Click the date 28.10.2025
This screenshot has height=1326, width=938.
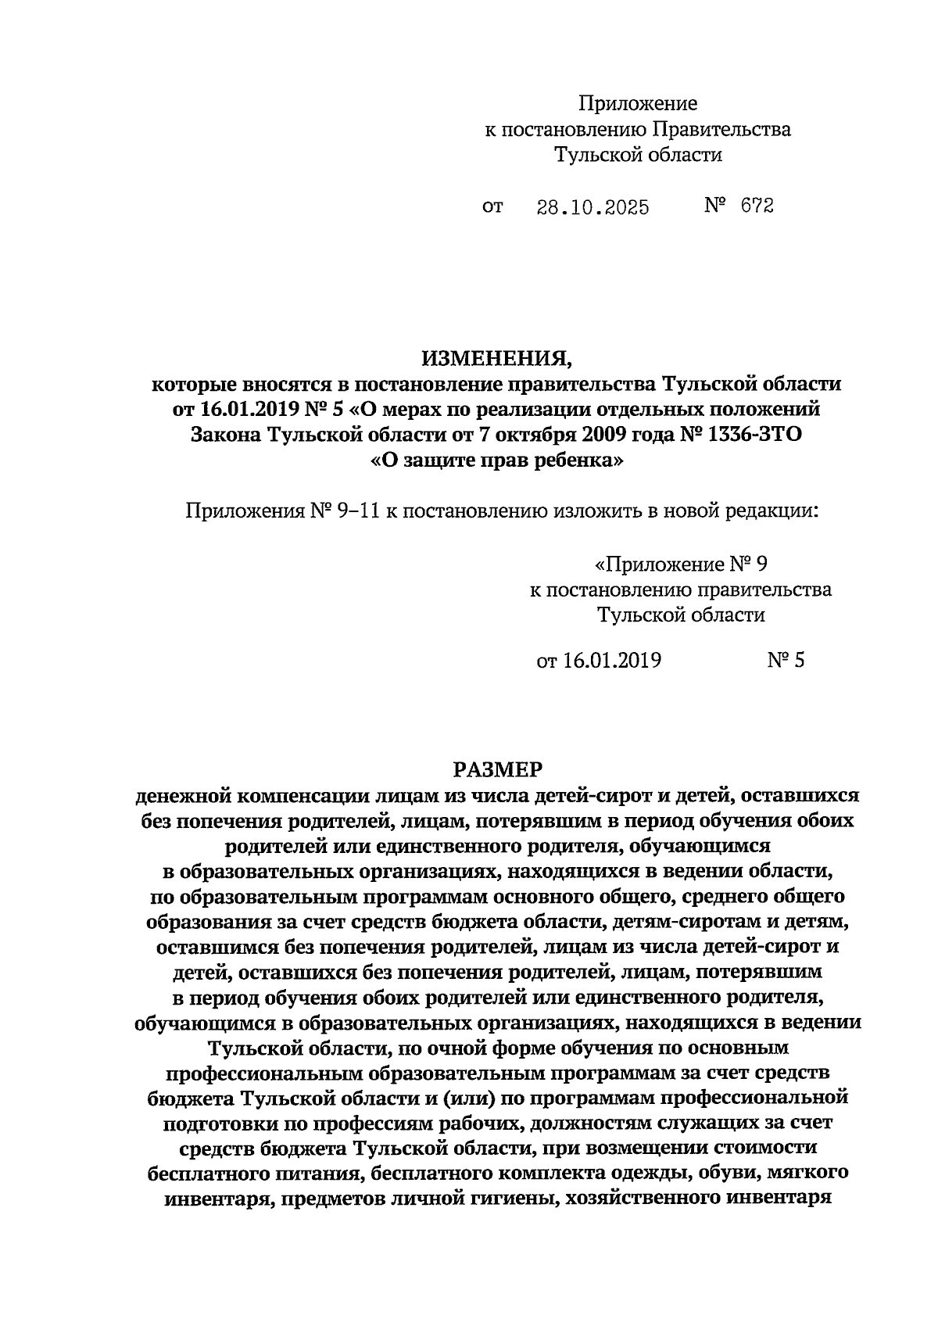tap(593, 207)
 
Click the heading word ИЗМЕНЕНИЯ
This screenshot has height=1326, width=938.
tap(497, 359)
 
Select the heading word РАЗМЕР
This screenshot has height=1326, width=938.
tap(497, 770)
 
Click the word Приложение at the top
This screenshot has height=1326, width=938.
tap(638, 103)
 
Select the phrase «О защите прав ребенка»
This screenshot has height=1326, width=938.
tap(497, 461)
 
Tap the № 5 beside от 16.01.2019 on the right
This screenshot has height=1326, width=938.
tap(785, 661)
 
